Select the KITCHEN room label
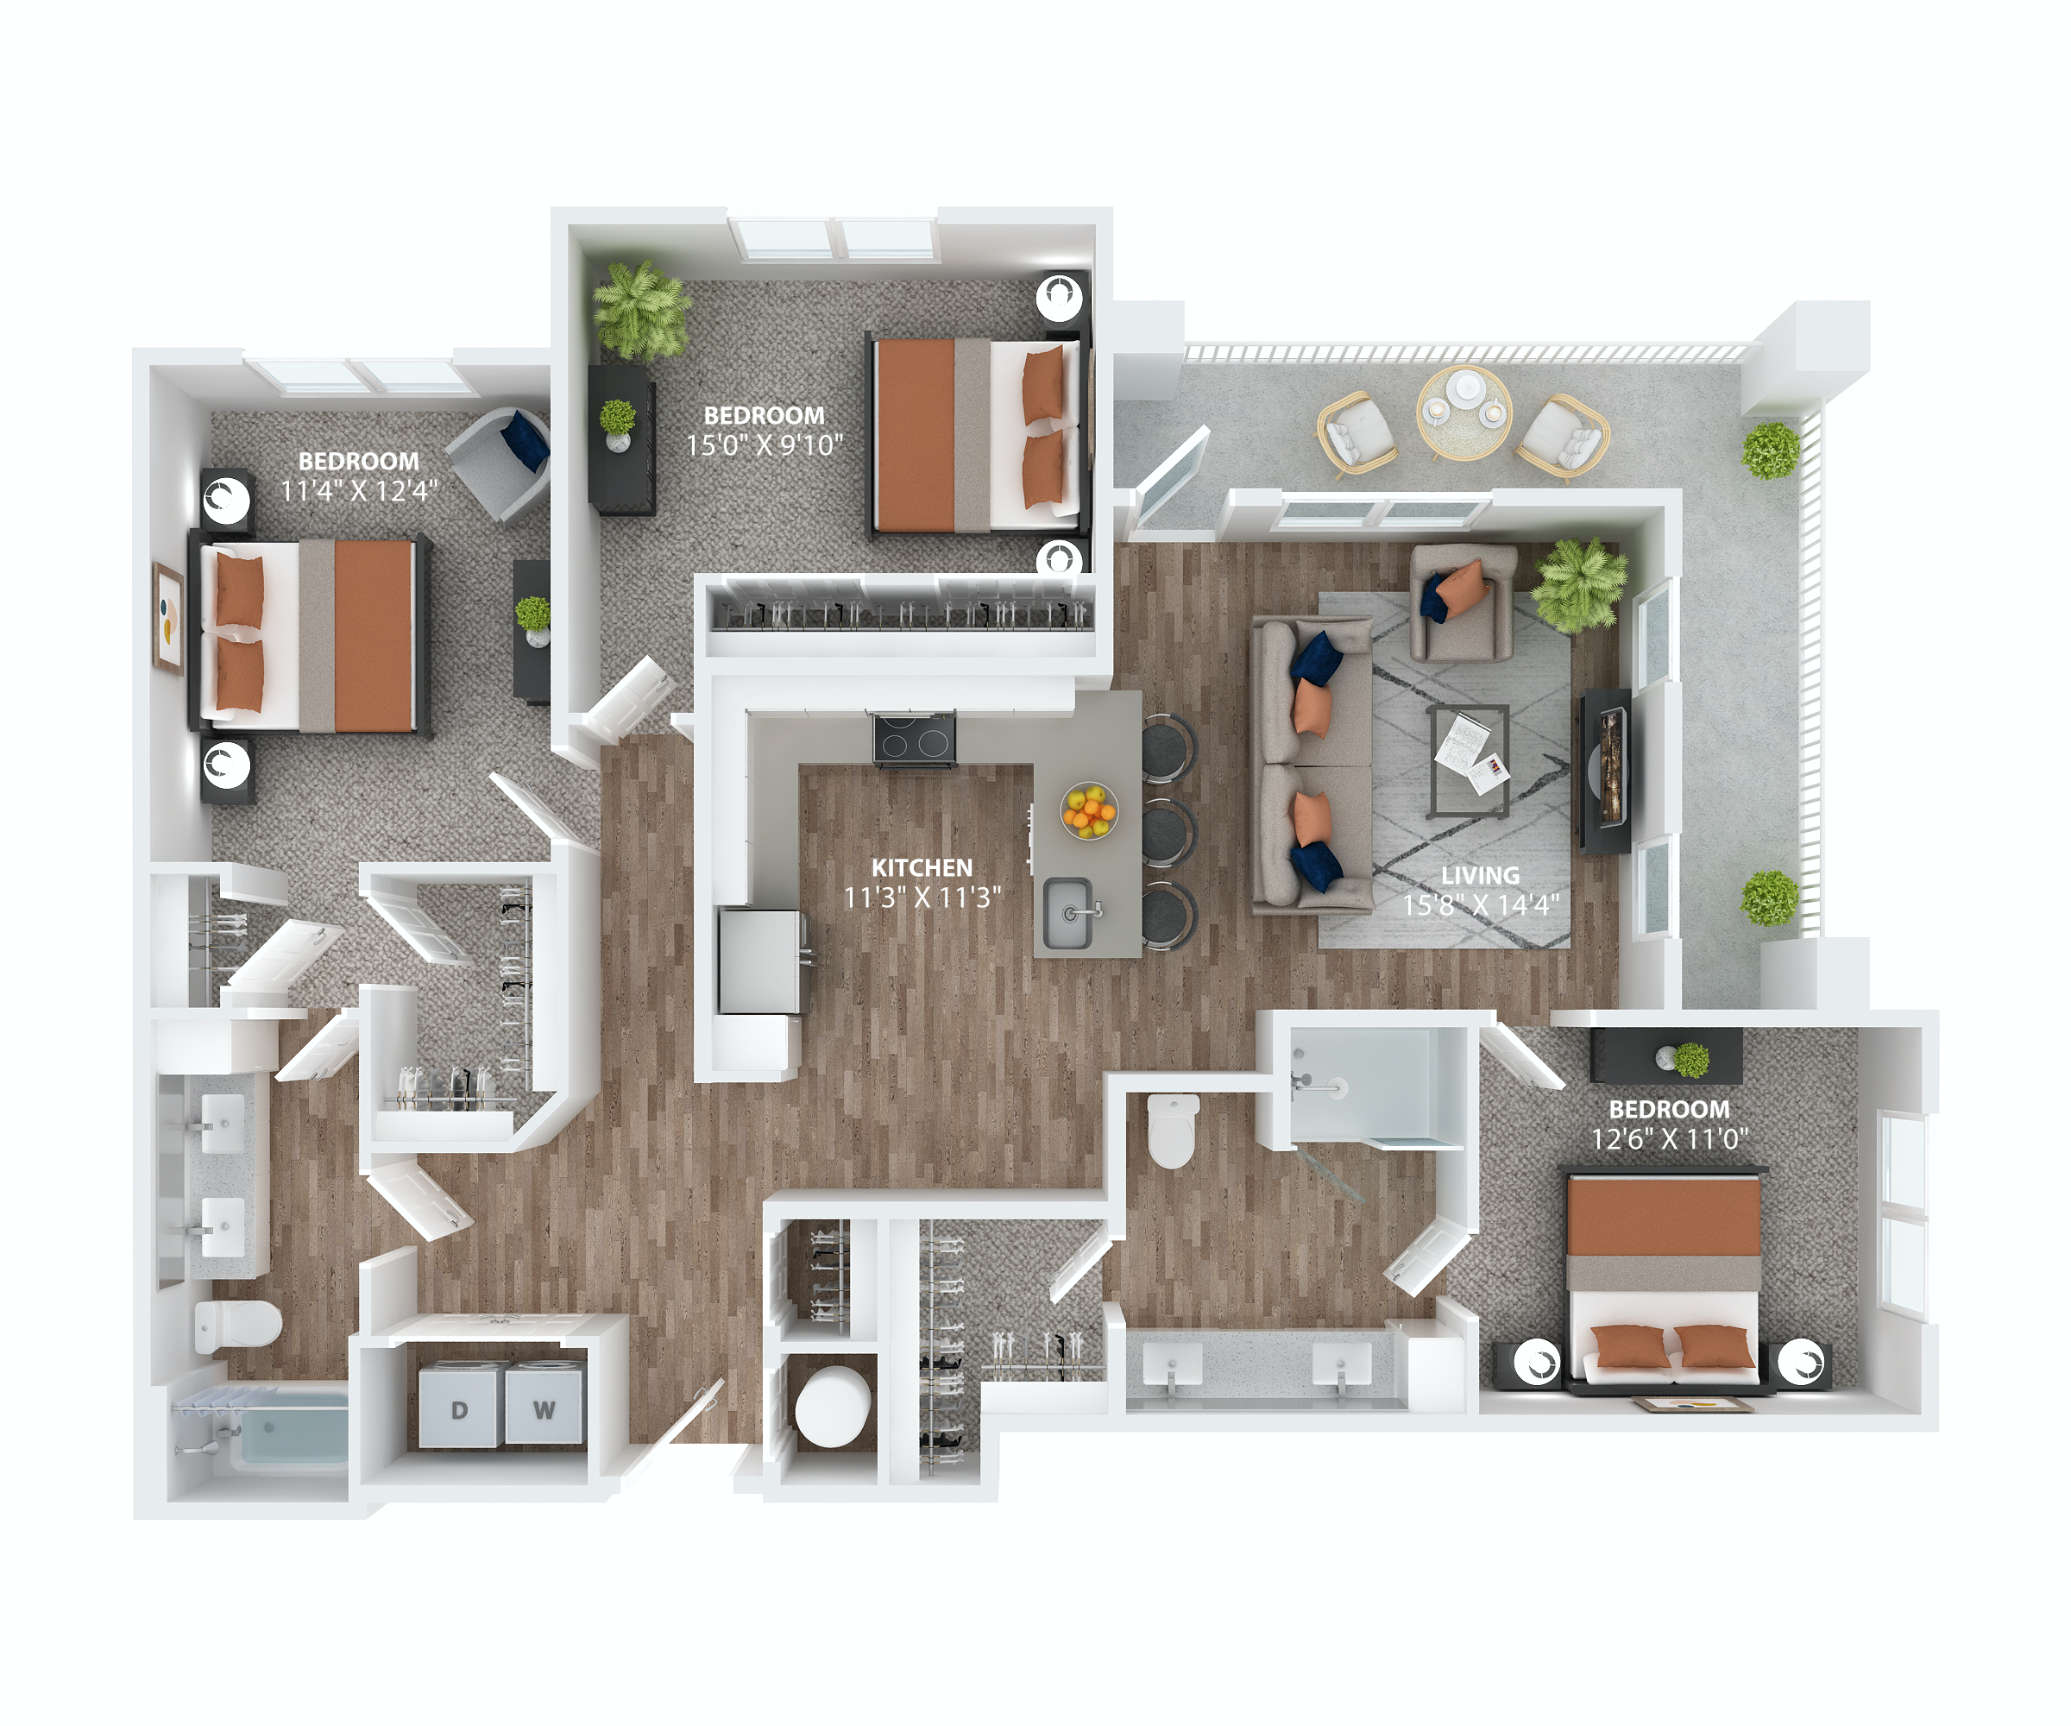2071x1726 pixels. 921,867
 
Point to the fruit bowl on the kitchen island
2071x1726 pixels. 1089,810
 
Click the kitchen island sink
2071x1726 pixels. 1068,912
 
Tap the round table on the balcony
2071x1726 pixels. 1464,413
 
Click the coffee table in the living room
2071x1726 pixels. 1469,760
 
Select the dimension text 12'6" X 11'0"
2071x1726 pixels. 1669,1139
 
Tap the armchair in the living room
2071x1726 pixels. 1463,602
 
